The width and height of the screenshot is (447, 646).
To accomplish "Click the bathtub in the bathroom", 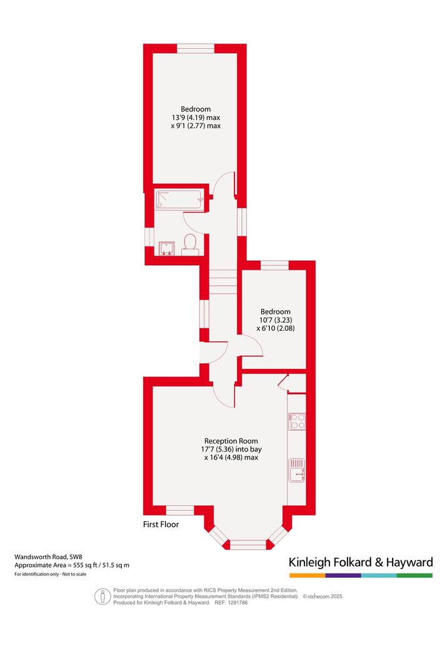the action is coord(179,200).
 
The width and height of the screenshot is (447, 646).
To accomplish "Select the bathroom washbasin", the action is coord(167,248).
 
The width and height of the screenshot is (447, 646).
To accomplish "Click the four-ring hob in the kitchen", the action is coord(297,421).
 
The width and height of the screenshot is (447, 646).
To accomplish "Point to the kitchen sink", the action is coord(297,470).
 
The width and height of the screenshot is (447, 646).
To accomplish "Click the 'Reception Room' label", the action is coord(231,441).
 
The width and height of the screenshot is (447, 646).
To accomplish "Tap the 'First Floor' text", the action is coord(161,525).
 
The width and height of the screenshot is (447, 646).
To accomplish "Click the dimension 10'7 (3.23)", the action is coord(276,320).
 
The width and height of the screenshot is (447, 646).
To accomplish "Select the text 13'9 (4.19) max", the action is coord(196,118).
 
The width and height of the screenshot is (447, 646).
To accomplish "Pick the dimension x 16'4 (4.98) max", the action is coord(231,457).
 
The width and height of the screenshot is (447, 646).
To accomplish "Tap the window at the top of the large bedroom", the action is coord(196,49).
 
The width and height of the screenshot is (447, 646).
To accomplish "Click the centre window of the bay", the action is coord(248,545).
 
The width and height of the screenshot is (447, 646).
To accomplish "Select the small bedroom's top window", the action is coord(275,265).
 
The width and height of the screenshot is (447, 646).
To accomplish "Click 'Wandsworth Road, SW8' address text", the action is coord(49,557).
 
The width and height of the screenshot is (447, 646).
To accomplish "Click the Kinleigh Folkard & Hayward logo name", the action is coord(361,562).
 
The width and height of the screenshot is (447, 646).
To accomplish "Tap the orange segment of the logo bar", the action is coord(307,575).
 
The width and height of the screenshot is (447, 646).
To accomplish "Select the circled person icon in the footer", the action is coord(103,596).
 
